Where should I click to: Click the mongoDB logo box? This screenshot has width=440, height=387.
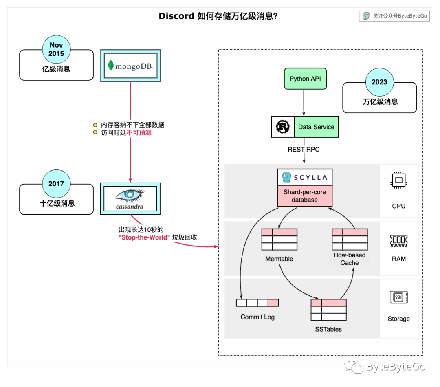point(130,65)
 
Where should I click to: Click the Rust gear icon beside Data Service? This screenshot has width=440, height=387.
point(282,127)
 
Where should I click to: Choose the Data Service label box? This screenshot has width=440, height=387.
point(316,127)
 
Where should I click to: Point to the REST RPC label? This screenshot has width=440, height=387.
point(304,150)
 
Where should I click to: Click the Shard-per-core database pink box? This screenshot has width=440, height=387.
point(305,196)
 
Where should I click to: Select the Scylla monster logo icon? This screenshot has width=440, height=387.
point(286,177)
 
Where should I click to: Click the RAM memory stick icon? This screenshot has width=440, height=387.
point(398,241)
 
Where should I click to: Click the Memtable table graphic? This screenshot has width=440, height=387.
point(279,239)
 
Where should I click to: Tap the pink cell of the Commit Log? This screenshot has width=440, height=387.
point(273,303)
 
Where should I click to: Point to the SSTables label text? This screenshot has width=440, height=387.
point(328,329)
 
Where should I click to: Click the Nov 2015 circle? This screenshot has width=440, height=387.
point(56,49)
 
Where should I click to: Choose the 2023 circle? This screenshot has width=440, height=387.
point(379,82)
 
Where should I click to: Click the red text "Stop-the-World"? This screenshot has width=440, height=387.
point(145,237)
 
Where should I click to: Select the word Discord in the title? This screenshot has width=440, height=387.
point(176,16)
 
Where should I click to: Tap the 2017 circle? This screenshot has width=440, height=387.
point(56,184)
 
